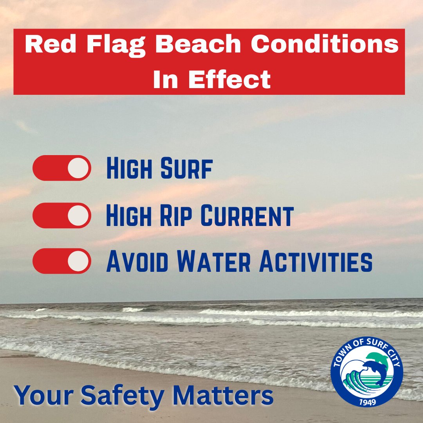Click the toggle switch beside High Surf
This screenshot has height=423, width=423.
pos(62,168)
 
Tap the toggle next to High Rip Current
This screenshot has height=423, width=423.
pos(62,215)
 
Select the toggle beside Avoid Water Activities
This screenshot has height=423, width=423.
pos(62,261)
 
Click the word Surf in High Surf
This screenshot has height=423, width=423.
pos(186,169)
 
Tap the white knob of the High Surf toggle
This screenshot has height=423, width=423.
pos(78,168)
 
